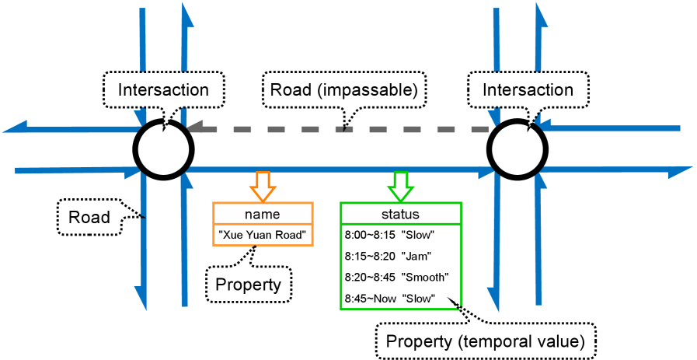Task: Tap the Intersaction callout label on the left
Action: (163, 90)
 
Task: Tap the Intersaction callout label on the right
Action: (528, 90)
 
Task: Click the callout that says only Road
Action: (89, 217)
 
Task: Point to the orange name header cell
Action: (263, 214)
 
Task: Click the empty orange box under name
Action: (263, 235)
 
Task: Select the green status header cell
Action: (401, 214)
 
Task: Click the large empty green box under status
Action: (401, 267)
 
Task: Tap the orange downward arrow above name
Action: (263, 185)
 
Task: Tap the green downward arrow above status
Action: (401, 185)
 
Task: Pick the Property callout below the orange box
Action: (248, 285)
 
